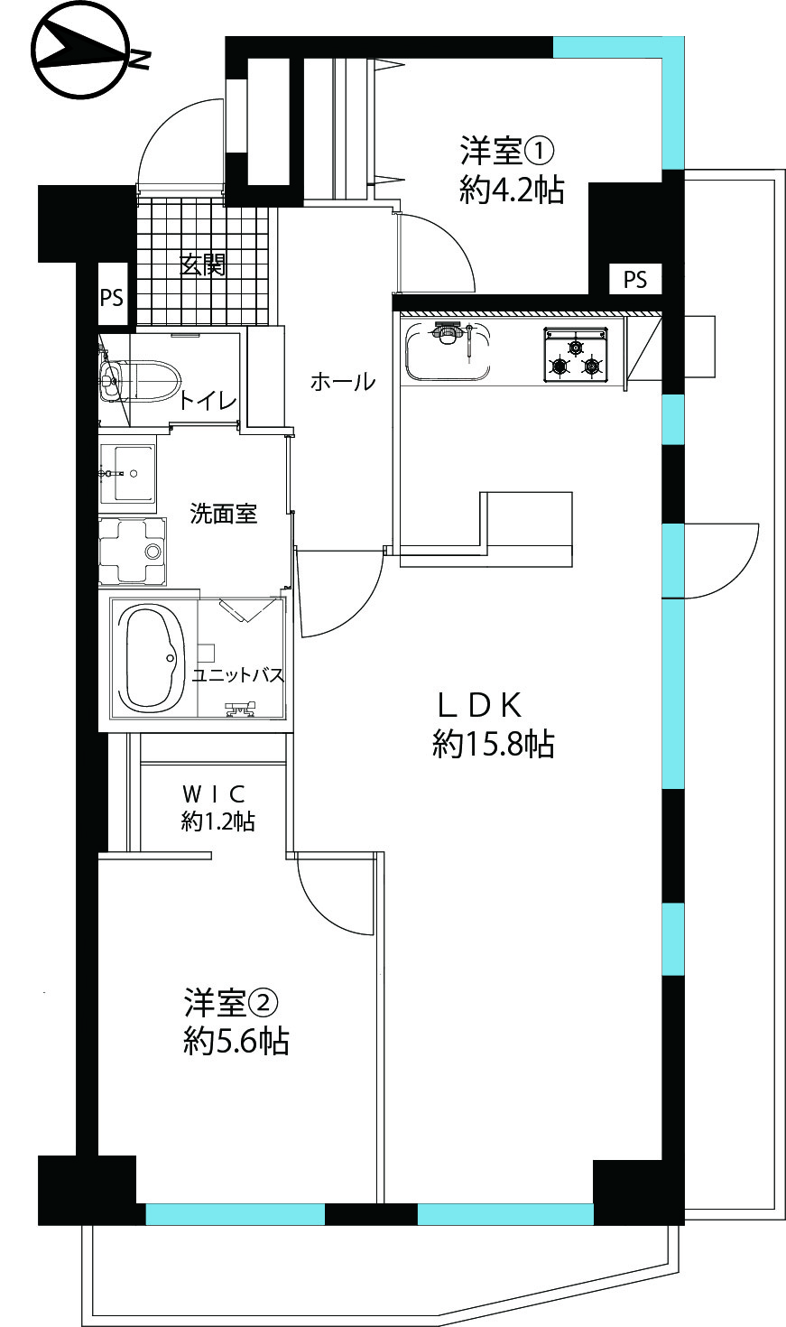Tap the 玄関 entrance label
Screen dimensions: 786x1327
pyautogui.click(x=203, y=264)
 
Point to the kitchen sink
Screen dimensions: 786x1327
pyautogui.click(x=448, y=351)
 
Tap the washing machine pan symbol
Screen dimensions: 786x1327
pyautogui.click(x=132, y=551)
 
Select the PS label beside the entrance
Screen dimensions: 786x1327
pyautogui.click(x=111, y=297)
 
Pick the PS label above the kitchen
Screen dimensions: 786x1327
pyautogui.click(x=635, y=279)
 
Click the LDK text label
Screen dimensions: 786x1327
pyautogui.click(x=479, y=705)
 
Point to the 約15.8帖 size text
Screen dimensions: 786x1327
pyautogui.click(x=494, y=744)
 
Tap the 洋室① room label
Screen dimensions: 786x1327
pyautogui.click(x=507, y=151)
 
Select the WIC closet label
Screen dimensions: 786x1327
pyautogui.click(x=213, y=793)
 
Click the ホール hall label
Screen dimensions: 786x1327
pyautogui.click(x=343, y=382)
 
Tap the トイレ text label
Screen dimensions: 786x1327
pyautogui.click(x=208, y=402)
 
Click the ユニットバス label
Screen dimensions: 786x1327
pyautogui.click(x=238, y=675)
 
